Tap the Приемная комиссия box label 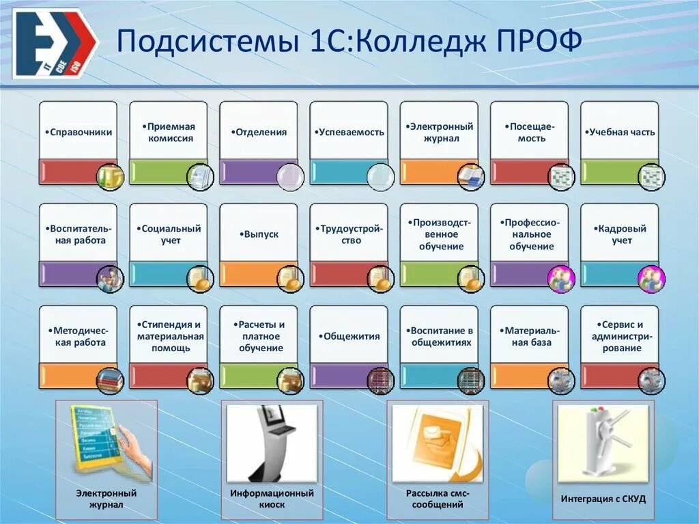tap(170, 132)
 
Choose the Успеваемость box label tap(350, 133)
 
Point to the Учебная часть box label tap(620, 133)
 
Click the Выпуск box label tap(259, 234)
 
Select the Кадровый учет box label tap(620, 234)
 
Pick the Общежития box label tap(350, 336)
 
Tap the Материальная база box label tap(530, 336)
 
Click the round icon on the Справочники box tap(110, 177)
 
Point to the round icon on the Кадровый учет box tap(651, 279)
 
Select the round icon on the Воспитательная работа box tap(110, 279)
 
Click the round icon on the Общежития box tap(380, 381)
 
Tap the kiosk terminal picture tap(272, 443)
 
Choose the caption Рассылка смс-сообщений tap(438, 499)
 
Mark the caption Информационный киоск tap(272, 499)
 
